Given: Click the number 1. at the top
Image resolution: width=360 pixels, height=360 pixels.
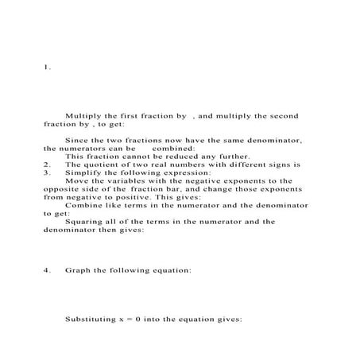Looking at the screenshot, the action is pos(47,68).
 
